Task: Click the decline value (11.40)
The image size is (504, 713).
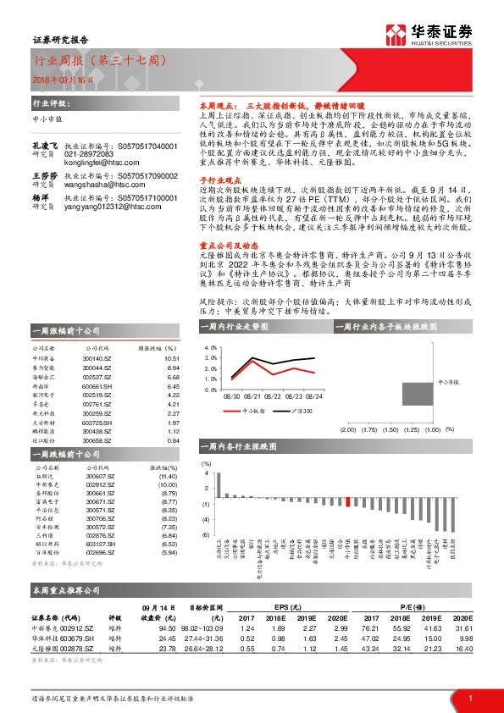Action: [x=167, y=477]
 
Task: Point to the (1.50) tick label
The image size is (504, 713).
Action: [x=390, y=430]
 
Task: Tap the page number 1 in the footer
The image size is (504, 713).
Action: [x=470, y=698]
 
